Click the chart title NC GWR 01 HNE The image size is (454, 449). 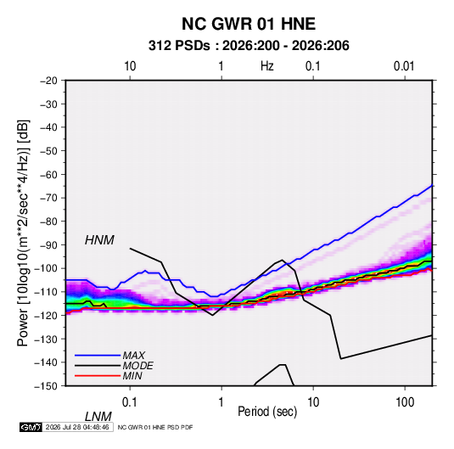coord(249,24)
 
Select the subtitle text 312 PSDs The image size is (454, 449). coord(179,46)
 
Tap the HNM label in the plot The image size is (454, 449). coord(99,240)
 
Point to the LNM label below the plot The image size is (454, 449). coord(98,417)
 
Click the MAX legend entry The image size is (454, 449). coord(133,356)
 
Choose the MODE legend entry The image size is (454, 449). coord(137,366)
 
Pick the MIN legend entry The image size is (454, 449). coord(132,376)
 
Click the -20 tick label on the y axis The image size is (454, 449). coord(49,81)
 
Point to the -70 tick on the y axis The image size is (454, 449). coord(49,198)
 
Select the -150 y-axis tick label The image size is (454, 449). coord(46,386)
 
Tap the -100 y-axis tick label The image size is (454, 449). coord(46,268)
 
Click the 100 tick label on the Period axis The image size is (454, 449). coord(405,402)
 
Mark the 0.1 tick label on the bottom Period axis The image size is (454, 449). coord(129,402)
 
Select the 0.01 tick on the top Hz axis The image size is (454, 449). coord(404,66)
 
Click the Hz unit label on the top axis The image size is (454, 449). coord(267,66)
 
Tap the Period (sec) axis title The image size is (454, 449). coord(267,412)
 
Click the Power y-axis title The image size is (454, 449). coord(23,233)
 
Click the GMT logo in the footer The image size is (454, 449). coord(31,427)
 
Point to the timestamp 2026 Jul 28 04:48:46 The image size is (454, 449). coord(77,427)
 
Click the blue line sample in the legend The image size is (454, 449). coord(98,356)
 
